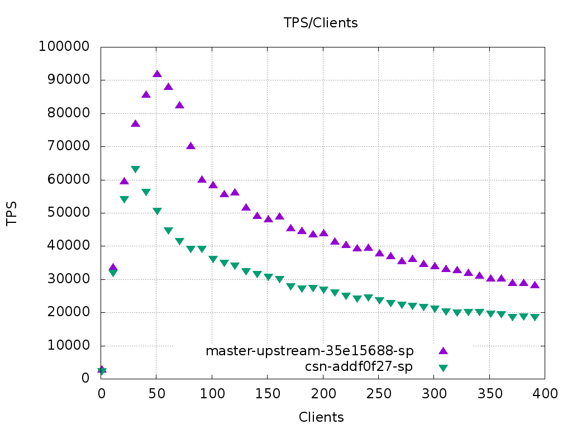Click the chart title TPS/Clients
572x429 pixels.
click(320, 23)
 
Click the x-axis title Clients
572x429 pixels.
click(321, 417)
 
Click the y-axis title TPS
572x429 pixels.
click(12, 213)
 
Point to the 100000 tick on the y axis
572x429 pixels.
click(64, 47)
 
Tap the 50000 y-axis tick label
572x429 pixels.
click(67, 213)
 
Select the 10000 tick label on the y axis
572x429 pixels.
click(67, 346)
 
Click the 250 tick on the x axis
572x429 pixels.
click(379, 393)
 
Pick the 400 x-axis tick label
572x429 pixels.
click(545, 393)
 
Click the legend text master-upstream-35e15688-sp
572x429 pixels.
click(309, 351)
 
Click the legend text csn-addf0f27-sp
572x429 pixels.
click(359, 367)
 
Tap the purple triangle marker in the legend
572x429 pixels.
click(443, 351)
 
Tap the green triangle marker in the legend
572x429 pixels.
click(443, 368)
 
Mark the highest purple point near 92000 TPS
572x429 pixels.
click(157, 74)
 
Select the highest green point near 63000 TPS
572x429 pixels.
click(135, 169)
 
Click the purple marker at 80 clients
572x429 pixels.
click(190, 146)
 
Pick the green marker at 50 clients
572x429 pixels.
click(157, 211)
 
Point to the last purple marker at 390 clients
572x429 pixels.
click(535, 285)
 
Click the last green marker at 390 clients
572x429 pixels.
click(535, 317)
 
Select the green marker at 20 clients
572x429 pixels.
click(124, 199)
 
